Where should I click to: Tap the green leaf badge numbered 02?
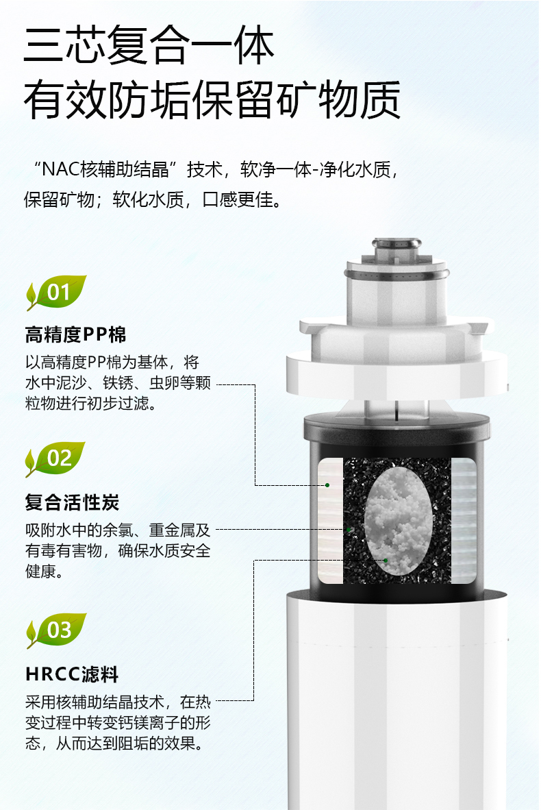(x=55, y=458)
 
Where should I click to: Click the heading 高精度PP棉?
(x=76, y=334)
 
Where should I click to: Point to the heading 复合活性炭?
(x=73, y=502)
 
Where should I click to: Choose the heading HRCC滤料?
(x=73, y=674)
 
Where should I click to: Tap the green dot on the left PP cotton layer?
(x=327, y=485)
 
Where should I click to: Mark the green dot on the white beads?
(x=386, y=561)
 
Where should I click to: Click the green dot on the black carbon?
(x=349, y=530)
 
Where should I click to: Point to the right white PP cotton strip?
(x=464, y=521)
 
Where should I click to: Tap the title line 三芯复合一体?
(x=149, y=45)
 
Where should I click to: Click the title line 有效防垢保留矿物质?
(x=212, y=99)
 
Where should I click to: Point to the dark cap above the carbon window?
(x=397, y=430)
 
